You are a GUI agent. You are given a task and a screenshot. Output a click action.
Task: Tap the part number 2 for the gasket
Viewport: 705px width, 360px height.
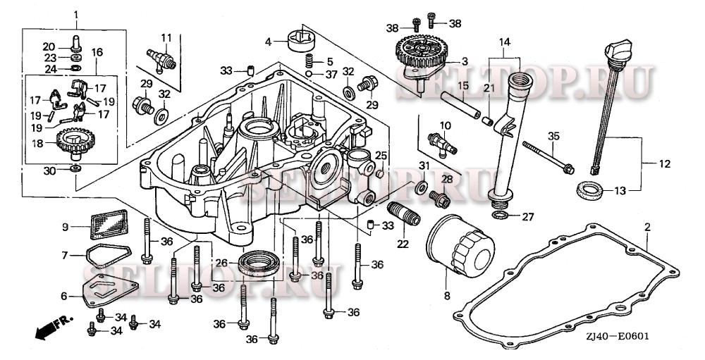click(x=646, y=227)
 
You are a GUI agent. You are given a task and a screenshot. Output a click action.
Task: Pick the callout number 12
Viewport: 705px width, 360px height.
click(x=664, y=163)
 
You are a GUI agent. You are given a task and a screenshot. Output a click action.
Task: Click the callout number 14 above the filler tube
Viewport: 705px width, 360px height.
click(x=503, y=42)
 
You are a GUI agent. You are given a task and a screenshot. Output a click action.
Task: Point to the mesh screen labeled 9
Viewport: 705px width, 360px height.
click(x=105, y=227)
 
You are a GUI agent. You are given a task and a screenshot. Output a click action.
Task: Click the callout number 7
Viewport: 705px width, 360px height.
click(x=65, y=254)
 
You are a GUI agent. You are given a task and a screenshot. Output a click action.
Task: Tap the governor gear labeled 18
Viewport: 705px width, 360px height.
click(x=74, y=144)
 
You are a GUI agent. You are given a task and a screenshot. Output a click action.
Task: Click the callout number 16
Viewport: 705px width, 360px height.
click(x=97, y=53)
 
